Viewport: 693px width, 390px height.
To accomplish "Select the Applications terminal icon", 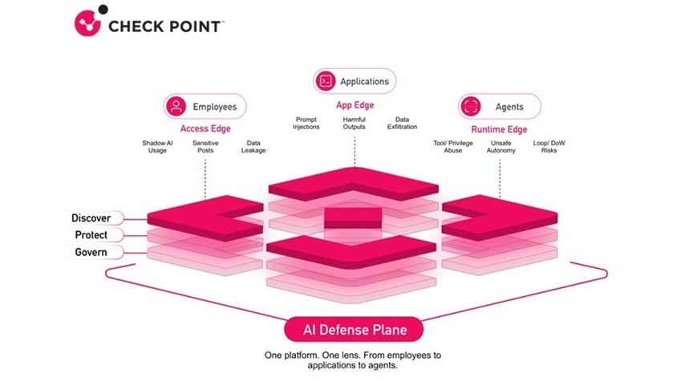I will [325, 81].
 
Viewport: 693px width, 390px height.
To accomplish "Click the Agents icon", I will [472, 106].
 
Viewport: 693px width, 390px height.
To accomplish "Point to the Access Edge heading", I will [205, 128].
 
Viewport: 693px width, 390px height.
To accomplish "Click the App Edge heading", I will [355, 104].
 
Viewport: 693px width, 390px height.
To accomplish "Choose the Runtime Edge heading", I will [499, 129].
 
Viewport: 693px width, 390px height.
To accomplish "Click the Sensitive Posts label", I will [205, 147].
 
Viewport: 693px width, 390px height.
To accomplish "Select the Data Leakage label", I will [253, 147].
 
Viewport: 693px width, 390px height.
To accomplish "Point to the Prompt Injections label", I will [306, 123].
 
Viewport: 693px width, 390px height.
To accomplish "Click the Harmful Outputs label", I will [355, 123].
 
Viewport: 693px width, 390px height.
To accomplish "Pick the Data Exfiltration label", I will [403, 123].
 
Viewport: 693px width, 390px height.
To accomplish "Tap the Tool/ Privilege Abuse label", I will [453, 147].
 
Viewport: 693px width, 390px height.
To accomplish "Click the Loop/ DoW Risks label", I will [550, 147].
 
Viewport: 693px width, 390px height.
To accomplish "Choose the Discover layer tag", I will [92, 217].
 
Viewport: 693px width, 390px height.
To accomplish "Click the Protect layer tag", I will [92, 235].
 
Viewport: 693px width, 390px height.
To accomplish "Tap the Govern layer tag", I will [92, 252].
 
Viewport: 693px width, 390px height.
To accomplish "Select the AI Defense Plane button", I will [355, 330].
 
